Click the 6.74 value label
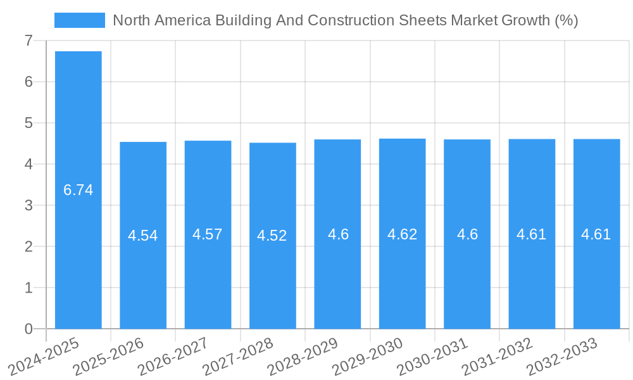tap(78, 190)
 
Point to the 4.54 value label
tap(143, 236)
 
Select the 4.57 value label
tap(208, 234)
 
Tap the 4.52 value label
tap(272, 236)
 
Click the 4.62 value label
tap(402, 234)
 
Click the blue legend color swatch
tap(80, 20)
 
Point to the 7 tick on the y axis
tap(28, 41)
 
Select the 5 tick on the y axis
tap(28, 123)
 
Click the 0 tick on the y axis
tap(28, 329)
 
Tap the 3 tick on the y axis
tap(28, 205)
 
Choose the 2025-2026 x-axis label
tap(109, 357)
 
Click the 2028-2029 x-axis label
tap(303, 357)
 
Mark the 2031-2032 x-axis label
tap(498, 357)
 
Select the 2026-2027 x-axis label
tap(173, 357)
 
